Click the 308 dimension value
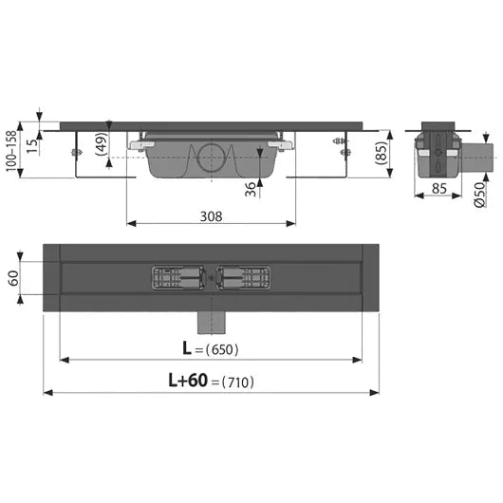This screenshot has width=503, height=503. click(x=211, y=216)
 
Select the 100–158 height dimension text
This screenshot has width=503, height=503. click(x=11, y=151)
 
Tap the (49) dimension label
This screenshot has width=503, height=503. click(x=102, y=144)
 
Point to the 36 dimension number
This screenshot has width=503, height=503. click(x=251, y=189)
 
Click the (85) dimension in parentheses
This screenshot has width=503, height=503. click(x=382, y=153)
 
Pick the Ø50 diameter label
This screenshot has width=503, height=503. click(x=479, y=195)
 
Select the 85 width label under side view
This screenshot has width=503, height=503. click(x=439, y=189)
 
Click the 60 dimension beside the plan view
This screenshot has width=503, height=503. click(x=13, y=278)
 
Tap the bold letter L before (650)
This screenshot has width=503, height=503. click(x=187, y=348)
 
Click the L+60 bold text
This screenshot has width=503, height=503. click(x=188, y=381)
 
